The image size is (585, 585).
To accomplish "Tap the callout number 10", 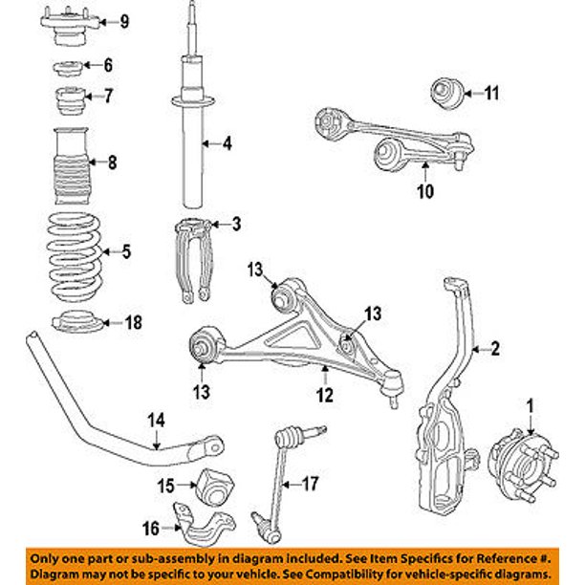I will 425,191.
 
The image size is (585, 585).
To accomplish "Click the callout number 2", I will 495,349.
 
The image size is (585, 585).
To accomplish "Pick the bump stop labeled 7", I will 72,97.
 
